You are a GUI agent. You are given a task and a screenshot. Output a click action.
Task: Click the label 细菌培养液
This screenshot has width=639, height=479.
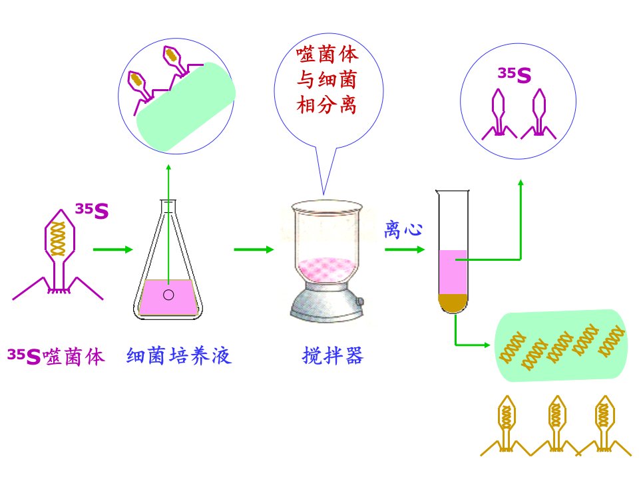point(179,356)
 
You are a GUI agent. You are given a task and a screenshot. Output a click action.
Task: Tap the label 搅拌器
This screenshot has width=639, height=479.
point(333,355)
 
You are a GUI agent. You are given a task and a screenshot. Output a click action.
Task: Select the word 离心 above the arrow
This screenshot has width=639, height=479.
point(403,230)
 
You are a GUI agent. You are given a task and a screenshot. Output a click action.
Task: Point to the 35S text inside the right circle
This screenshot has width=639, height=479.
point(515,75)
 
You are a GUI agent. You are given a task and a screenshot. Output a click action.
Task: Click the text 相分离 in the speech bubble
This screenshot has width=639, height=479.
point(326,105)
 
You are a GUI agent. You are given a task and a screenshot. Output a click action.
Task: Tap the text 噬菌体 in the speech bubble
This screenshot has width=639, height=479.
point(327,54)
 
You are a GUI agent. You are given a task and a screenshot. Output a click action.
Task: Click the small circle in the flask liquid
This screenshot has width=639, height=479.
point(168,295)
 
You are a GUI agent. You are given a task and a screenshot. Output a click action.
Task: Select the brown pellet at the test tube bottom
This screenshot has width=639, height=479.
point(453,303)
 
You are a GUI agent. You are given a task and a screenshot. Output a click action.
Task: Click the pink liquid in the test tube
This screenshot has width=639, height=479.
point(453,272)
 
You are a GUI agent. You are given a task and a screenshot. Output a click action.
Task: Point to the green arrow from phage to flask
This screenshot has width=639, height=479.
point(113,249)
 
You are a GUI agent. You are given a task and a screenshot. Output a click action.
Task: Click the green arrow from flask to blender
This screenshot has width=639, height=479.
point(254,249)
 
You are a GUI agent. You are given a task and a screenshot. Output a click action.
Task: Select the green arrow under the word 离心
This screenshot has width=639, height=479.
point(405,249)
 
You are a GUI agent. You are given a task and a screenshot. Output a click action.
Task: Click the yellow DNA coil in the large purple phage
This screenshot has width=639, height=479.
point(57,239)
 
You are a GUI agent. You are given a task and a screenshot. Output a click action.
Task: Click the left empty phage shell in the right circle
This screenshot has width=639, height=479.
point(499,114)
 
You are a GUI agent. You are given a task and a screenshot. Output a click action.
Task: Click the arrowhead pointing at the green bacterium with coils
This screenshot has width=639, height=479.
point(487,345)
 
